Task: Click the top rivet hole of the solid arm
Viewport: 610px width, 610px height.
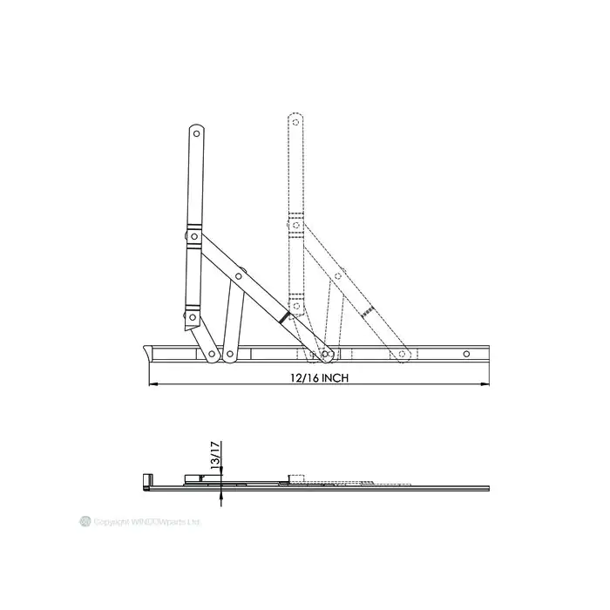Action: (197, 135)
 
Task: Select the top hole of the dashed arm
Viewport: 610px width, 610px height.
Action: (294, 123)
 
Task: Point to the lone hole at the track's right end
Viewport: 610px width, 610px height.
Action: (466, 354)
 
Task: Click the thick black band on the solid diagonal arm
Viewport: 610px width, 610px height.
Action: (283, 319)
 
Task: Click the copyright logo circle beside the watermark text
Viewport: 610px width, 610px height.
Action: (85, 521)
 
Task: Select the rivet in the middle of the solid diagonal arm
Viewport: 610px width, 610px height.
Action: (238, 277)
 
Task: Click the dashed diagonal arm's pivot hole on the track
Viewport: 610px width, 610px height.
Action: (402, 355)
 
